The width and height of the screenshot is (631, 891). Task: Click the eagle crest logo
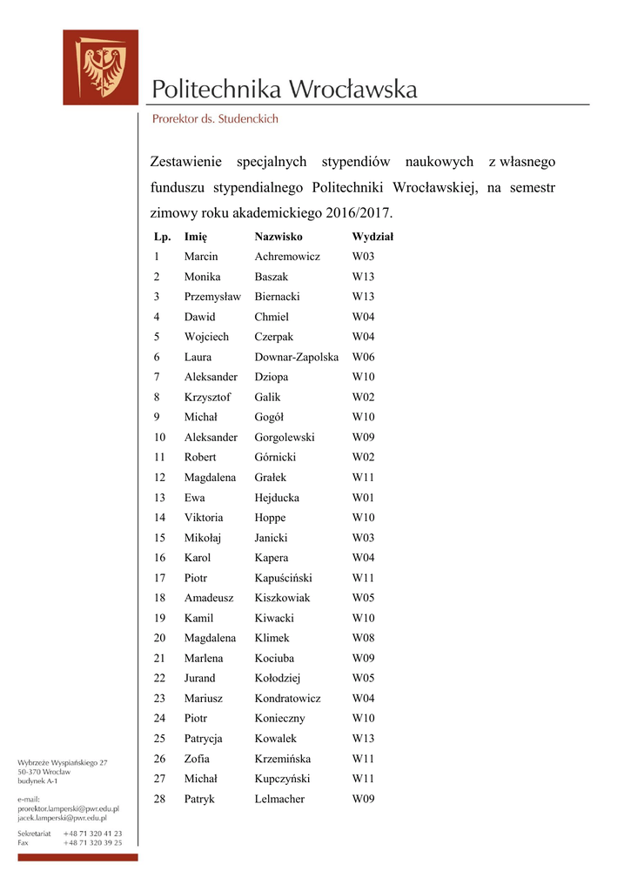tap(100, 68)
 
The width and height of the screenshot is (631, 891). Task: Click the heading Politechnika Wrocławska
tap(284, 89)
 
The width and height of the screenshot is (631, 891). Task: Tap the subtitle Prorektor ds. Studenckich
tap(215, 119)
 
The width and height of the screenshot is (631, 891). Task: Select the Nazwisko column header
tap(279, 237)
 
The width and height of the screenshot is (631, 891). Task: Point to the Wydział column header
tap(373, 237)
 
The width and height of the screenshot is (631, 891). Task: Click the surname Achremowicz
tap(287, 257)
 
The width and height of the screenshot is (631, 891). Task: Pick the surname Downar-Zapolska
tap(296, 357)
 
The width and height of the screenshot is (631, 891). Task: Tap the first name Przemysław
tap(212, 297)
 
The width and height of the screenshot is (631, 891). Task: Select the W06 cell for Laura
tap(363, 357)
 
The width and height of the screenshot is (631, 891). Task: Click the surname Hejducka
tap(277, 498)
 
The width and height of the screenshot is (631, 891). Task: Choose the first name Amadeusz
tap(210, 598)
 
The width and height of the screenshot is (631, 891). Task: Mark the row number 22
tap(159, 678)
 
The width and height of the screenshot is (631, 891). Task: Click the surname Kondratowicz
tap(287, 698)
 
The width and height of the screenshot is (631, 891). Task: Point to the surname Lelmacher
tap(279, 799)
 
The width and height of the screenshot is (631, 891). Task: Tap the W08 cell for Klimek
tap(363, 638)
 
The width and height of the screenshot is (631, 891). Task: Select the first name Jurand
tap(199, 678)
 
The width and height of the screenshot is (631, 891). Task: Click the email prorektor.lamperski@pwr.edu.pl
tap(68, 808)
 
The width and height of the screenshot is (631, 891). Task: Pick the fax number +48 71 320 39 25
tap(92, 842)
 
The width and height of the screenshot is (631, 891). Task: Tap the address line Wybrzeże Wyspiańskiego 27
tap(63, 762)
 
